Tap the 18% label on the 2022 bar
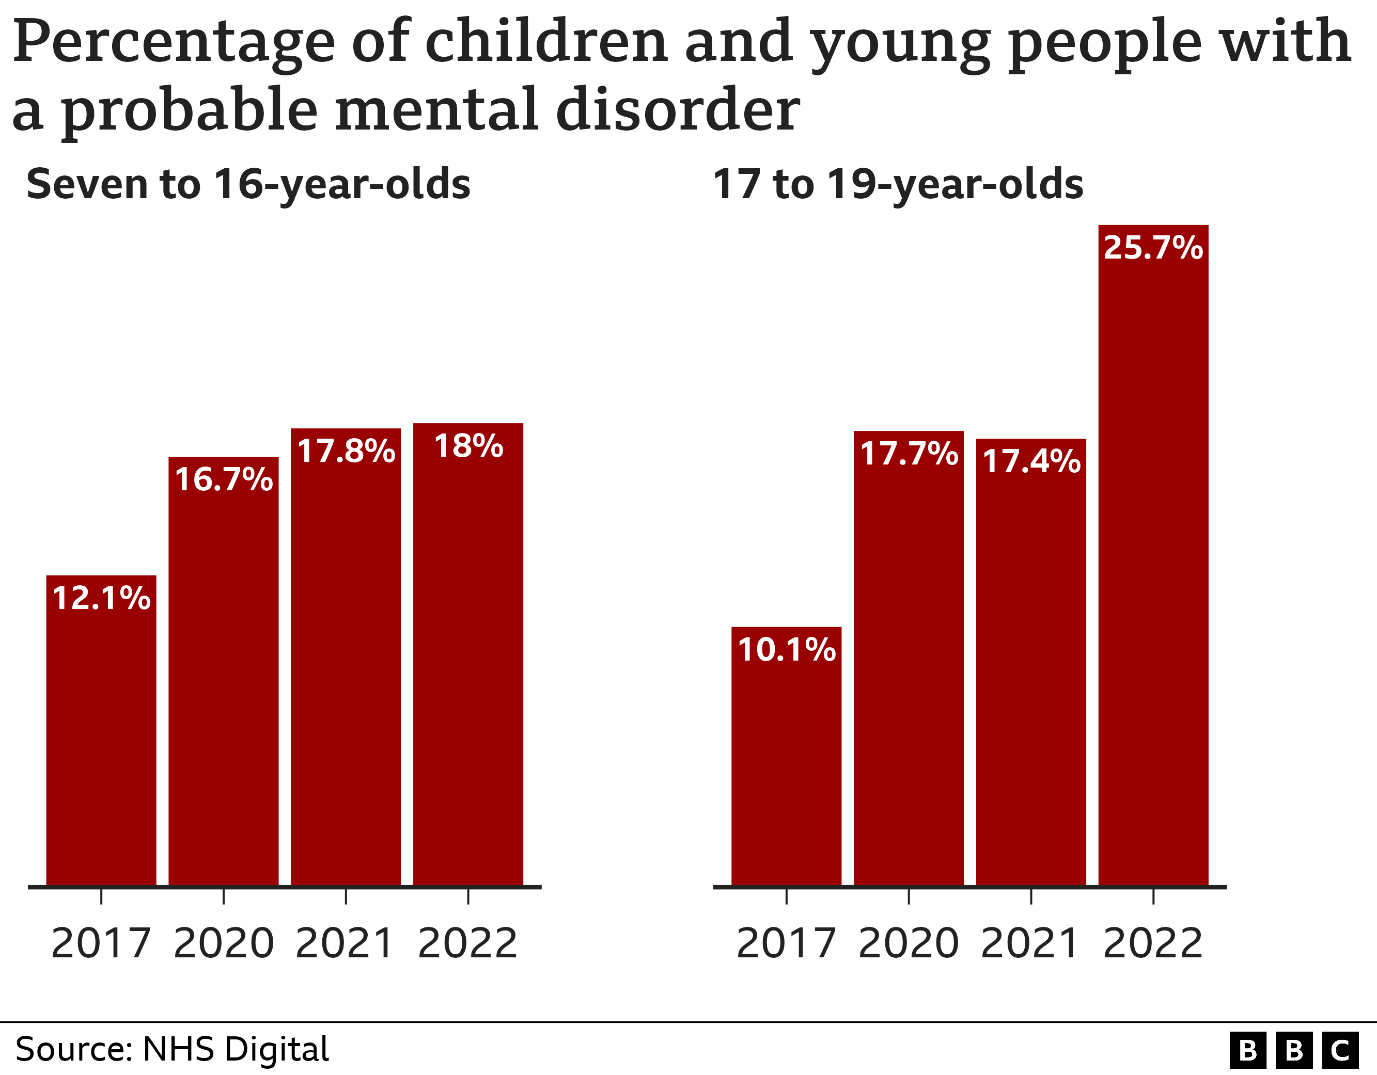tap(468, 446)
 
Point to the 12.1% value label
tap(102, 598)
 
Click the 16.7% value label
tap(224, 479)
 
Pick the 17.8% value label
tap(346, 451)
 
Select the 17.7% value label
tap(909, 454)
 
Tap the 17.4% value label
tap(1031, 461)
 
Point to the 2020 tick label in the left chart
tap(224, 944)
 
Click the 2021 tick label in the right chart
tap(1030, 944)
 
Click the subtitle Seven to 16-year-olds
tap(248, 185)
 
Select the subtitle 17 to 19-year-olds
tap(898, 185)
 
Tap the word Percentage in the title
tap(174, 43)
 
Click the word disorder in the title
tap(677, 110)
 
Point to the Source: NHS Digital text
tap(172, 1049)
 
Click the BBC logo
tap(1293, 1050)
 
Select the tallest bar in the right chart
tap(1153, 567)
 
